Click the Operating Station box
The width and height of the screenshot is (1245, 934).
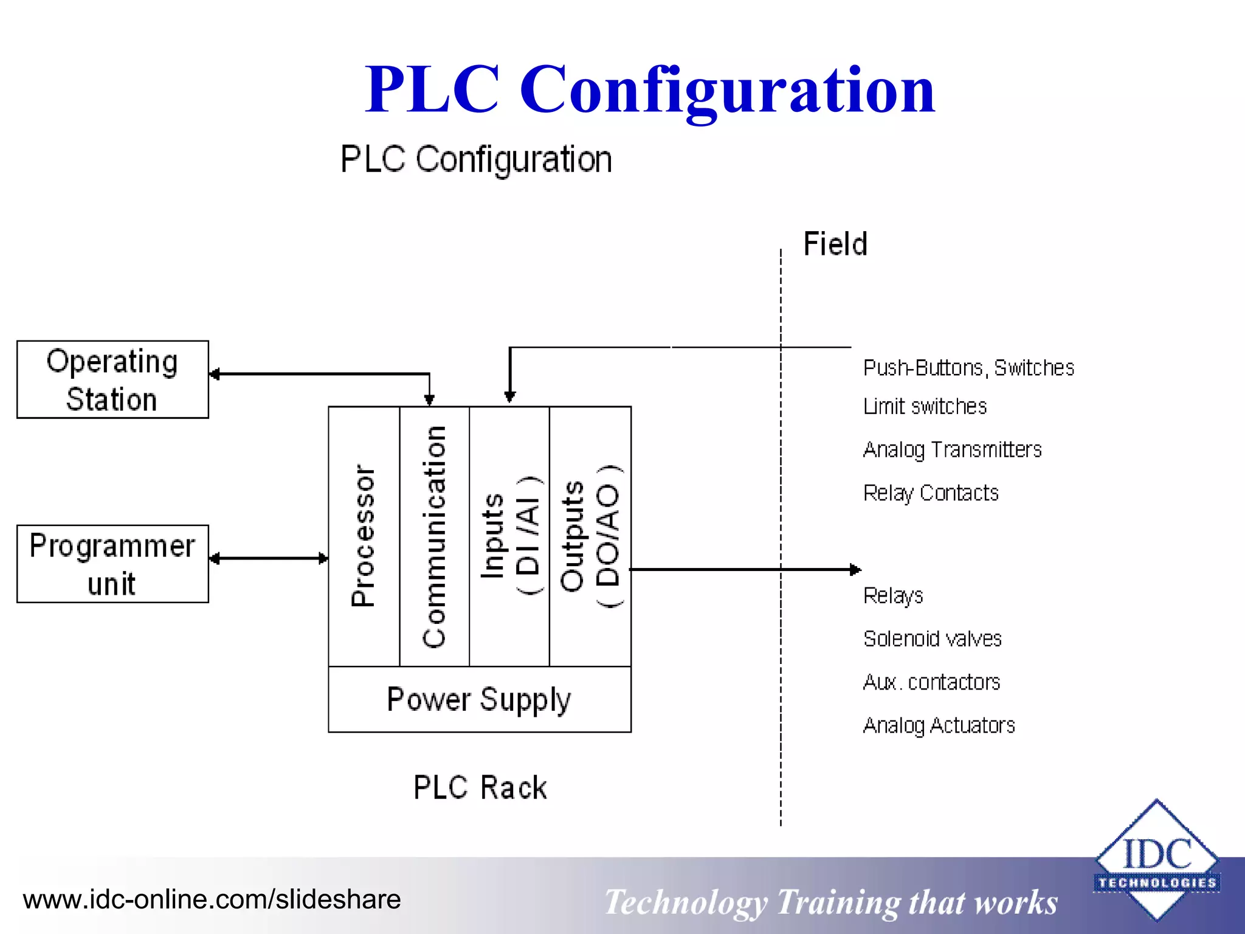(112, 379)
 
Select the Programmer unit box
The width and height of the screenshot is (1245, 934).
(112, 564)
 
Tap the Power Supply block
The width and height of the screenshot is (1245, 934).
(479, 699)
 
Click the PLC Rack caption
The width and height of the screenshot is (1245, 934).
(480, 787)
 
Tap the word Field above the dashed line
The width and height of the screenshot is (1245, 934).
(835, 244)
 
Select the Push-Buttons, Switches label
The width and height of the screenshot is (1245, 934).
(968, 368)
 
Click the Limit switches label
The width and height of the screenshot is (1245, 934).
(925, 406)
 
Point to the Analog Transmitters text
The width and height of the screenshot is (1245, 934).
(952, 450)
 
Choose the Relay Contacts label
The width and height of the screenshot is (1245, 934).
(931, 493)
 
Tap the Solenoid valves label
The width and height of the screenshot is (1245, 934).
(932, 639)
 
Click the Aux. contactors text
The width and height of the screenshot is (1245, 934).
(931, 682)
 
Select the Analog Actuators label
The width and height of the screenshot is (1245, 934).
(939, 725)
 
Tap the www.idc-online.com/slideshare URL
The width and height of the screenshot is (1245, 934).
(212, 899)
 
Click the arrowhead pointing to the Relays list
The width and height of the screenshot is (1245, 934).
(855, 570)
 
